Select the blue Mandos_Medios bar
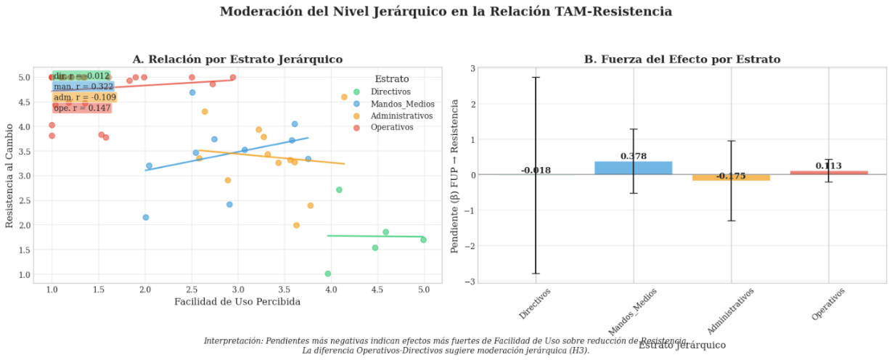click(634, 168)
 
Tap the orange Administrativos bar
click(731, 178)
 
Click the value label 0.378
click(634, 156)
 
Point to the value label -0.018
click(536, 170)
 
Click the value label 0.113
click(828, 165)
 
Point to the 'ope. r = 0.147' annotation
click(82, 108)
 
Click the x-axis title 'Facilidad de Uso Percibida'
click(237, 302)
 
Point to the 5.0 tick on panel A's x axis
click(424, 289)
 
